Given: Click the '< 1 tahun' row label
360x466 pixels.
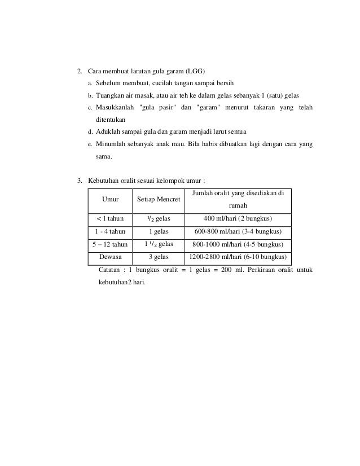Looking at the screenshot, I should (110, 219).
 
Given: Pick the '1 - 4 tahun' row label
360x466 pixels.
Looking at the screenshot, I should (110, 232).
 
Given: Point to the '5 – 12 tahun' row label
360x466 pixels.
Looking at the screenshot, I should (110, 245).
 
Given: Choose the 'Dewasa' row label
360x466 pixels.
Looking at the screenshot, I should (110, 258).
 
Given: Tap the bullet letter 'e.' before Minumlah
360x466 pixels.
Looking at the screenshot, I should (90, 144).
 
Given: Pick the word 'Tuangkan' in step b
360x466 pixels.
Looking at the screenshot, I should (109, 96).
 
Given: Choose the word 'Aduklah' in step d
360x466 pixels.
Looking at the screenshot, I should (108, 132).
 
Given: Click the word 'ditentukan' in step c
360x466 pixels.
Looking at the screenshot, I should (111, 120).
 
